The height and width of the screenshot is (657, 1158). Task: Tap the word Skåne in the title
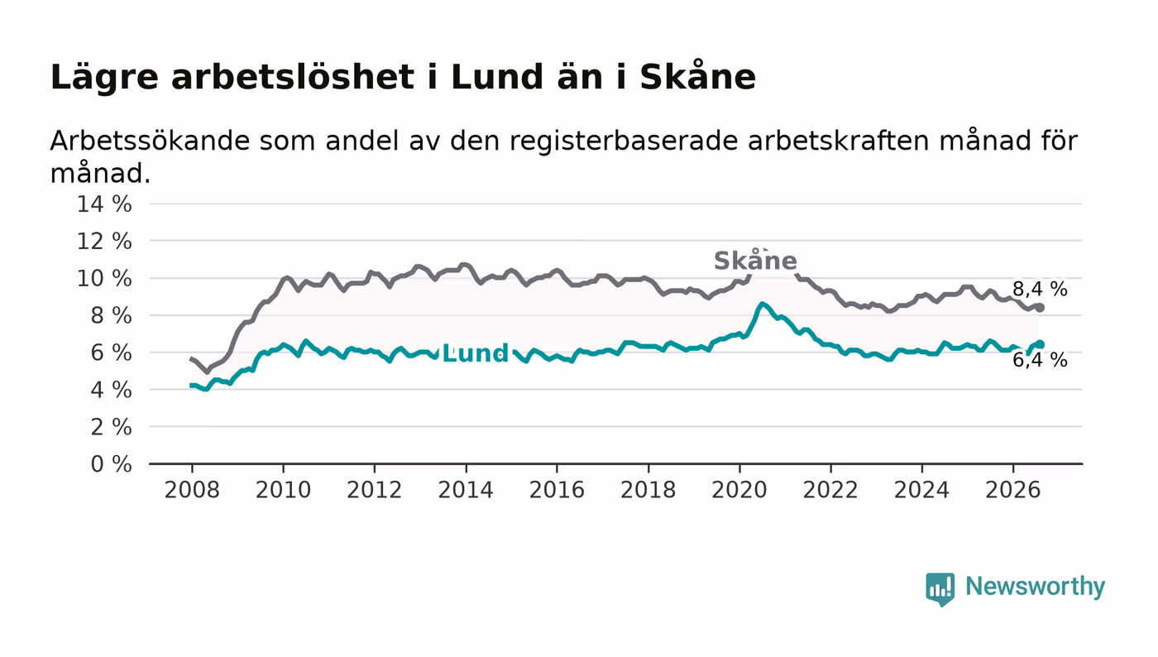698,76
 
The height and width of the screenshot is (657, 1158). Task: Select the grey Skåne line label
755,260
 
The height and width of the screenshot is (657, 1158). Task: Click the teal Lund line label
476,353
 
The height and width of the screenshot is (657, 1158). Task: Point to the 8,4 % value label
1040,289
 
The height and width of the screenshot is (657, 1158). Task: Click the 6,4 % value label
1040,360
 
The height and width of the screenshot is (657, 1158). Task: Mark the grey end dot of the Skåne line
1041,308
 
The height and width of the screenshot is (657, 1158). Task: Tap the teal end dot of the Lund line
1041,344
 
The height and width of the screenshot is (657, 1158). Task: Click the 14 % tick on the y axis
104,204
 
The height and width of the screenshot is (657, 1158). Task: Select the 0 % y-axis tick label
111,464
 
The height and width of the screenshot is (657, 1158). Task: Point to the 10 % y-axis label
104,278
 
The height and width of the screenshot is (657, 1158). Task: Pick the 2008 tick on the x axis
192,490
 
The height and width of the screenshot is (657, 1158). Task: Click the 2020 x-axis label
739,490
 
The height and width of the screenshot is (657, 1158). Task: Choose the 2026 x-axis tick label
1012,490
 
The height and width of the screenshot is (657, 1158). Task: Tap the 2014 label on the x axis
466,490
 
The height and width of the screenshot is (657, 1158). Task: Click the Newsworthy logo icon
940,589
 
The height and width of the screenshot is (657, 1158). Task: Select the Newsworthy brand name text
1035,587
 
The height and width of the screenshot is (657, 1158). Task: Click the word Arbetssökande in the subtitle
150,141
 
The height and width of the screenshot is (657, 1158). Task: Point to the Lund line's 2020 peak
762,304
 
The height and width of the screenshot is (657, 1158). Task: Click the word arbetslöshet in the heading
293,77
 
